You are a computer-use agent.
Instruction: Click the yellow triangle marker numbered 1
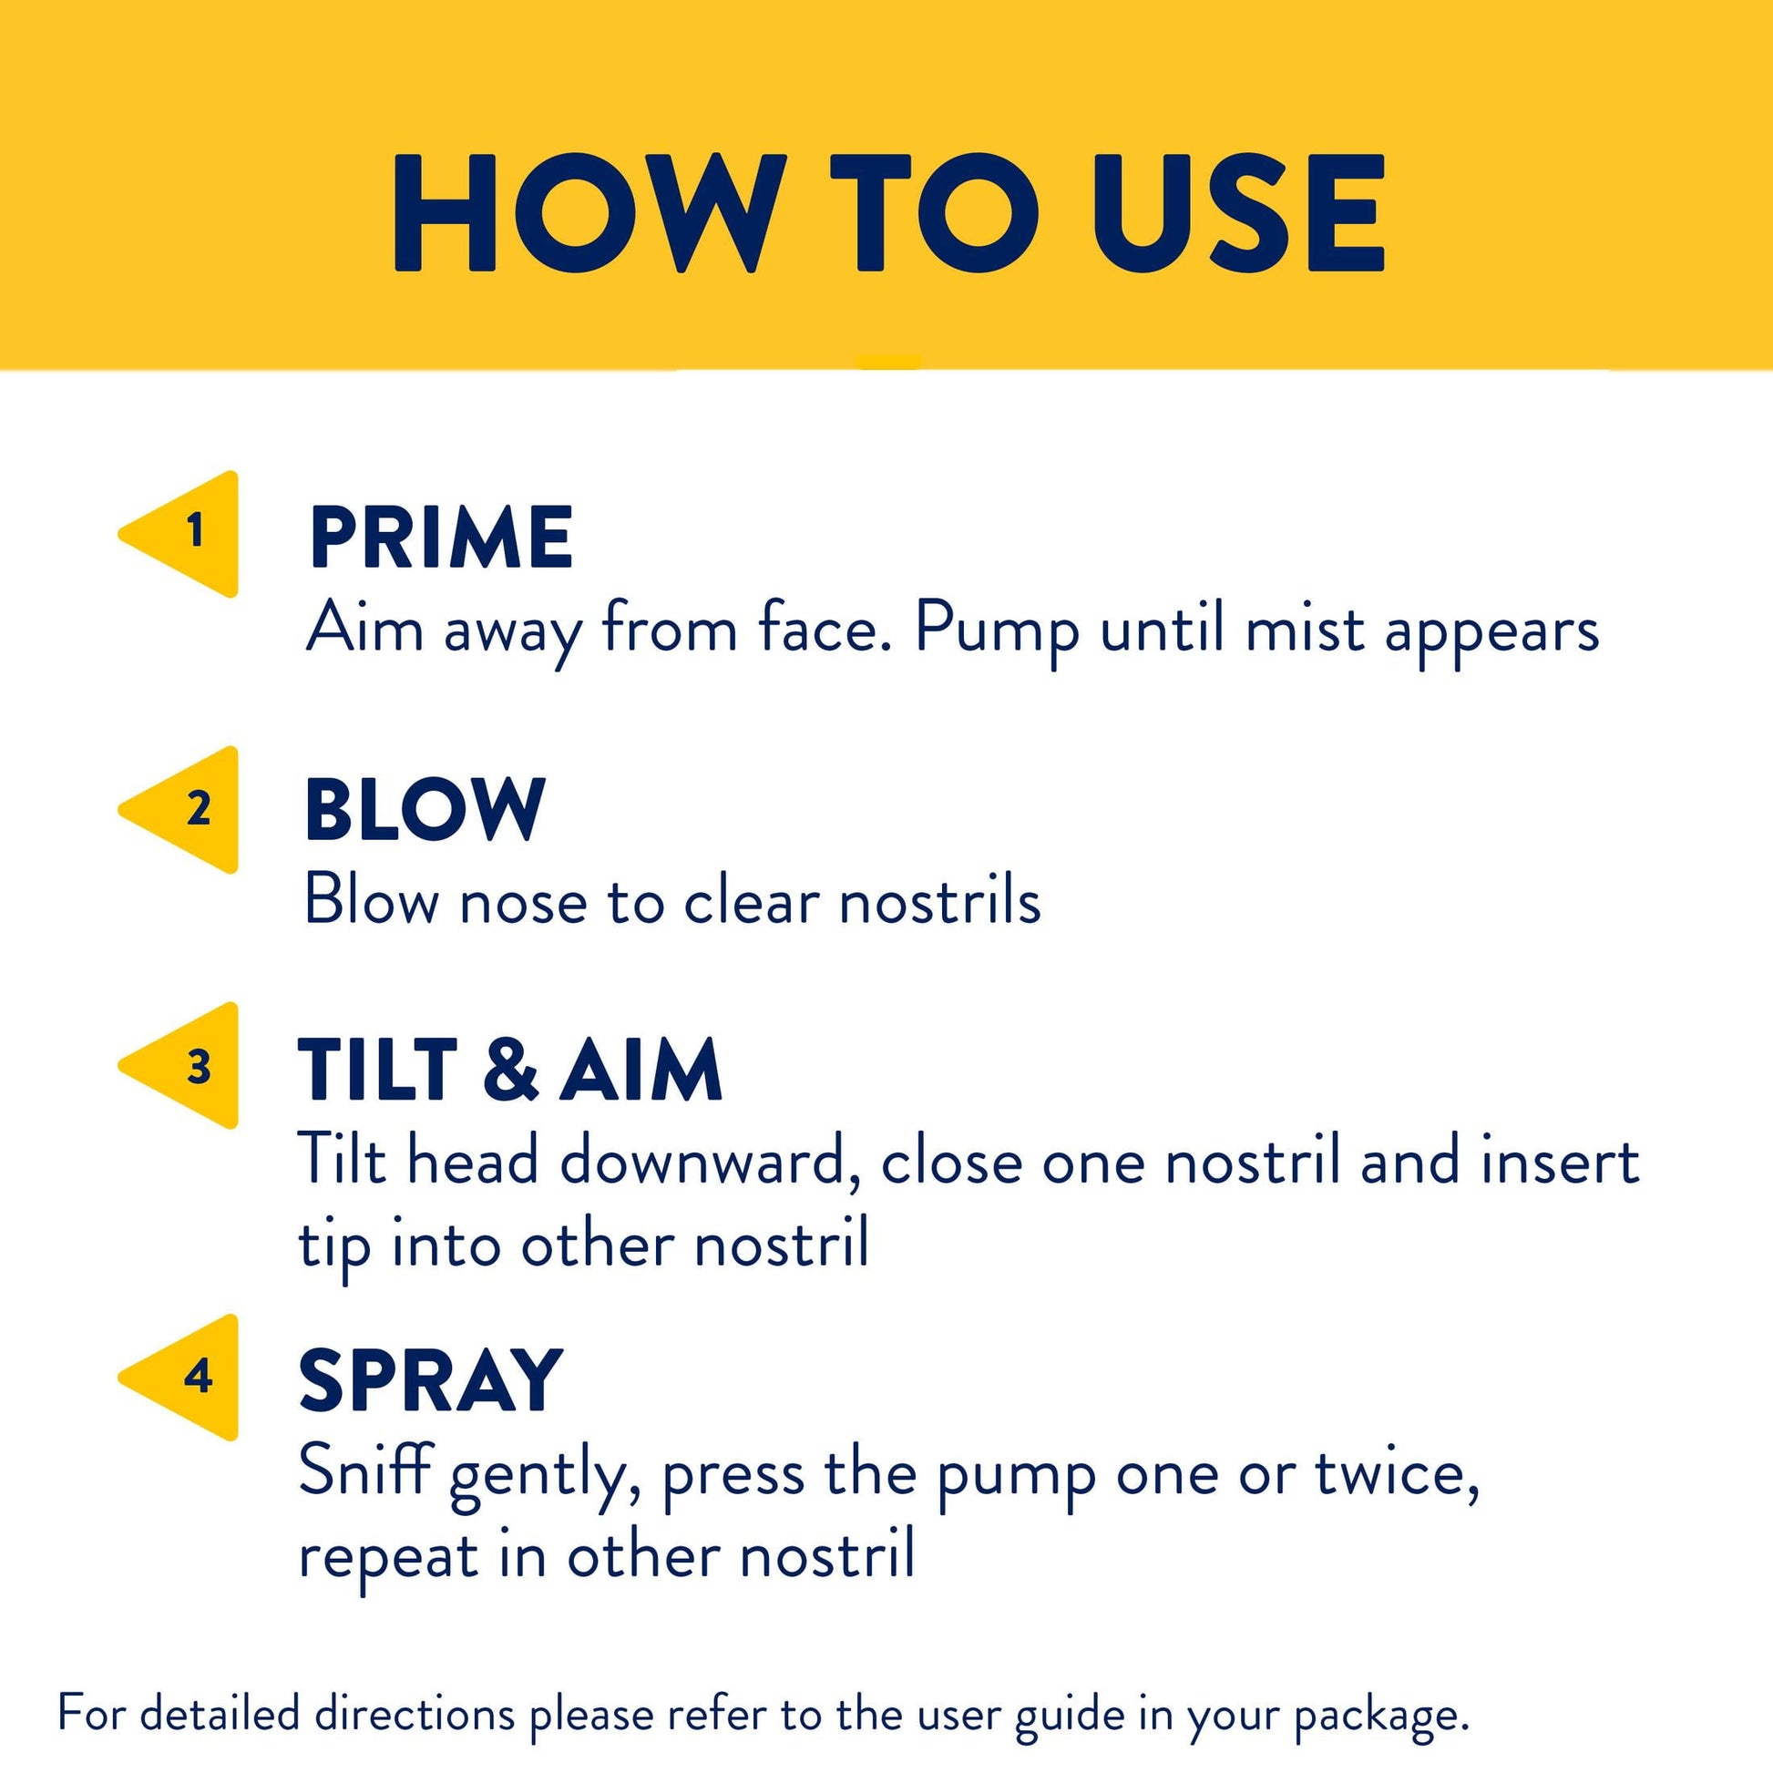[x=188, y=534]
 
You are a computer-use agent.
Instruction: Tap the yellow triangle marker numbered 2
[x=188, y=809]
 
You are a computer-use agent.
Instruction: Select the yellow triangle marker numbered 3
[x=188, y=1065]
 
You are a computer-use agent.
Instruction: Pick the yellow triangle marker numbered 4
[x=188, y=1378]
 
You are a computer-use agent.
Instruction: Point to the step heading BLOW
[x=425, y=808]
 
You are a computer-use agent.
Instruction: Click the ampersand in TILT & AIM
[x=510, y=1069]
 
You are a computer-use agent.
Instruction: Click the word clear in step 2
[x=751, y=901]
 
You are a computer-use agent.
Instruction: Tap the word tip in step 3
[x=334, y=1246]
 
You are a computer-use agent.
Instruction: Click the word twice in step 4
[x=1397, y=1473]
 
